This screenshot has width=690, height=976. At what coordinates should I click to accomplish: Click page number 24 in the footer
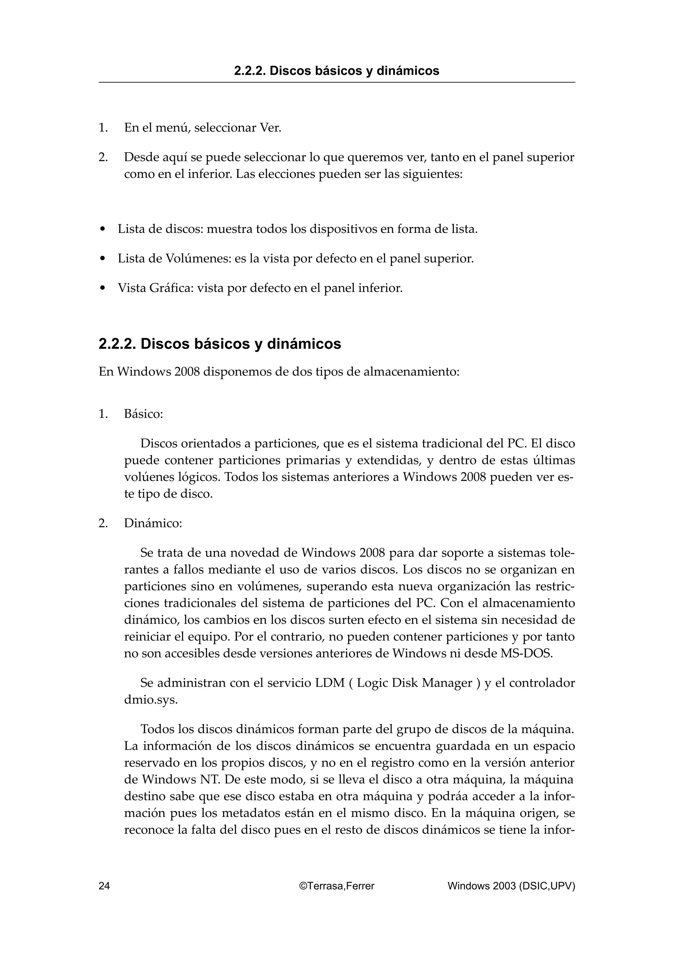coord(104,886)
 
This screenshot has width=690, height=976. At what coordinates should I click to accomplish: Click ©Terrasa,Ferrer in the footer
coord(337,886)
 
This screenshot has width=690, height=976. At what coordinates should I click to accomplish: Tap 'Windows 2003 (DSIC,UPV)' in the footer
coord(511,886)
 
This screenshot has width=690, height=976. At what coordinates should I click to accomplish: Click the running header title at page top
coord(336,71)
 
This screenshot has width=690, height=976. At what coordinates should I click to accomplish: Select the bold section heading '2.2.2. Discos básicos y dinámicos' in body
coord(220,344)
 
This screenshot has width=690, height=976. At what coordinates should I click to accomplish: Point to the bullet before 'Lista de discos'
coord(102,230)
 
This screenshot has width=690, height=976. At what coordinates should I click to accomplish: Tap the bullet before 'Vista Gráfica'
coord(102,289)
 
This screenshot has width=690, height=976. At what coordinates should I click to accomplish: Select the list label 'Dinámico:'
coord(153,523)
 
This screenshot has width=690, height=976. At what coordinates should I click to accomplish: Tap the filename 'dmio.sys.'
coord(151,700)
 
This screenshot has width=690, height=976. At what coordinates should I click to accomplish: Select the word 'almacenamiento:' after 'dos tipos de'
coord(411,372)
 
